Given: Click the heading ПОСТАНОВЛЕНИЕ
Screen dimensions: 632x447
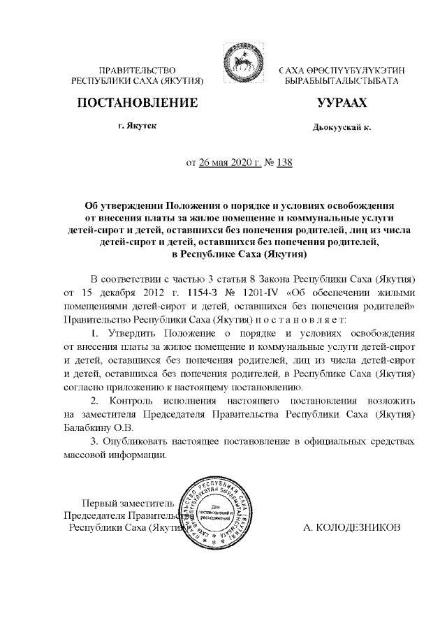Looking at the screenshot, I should click(137, 104).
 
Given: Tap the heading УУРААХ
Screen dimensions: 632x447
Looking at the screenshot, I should click(342, 104).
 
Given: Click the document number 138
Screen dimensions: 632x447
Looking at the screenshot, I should click(284, 163).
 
